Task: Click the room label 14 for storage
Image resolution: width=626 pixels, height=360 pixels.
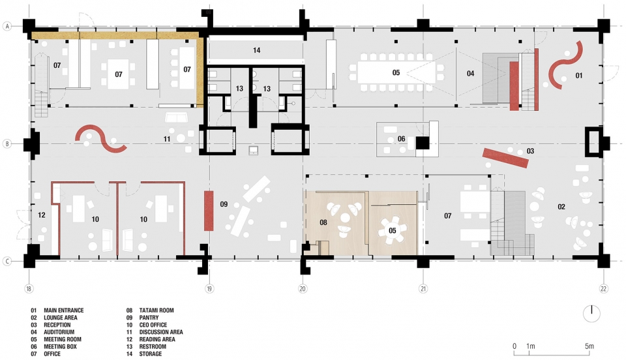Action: pos(256,50)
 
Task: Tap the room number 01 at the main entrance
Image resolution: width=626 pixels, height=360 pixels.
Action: pos(578,76)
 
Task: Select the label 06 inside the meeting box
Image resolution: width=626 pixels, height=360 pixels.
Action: pos(401,139)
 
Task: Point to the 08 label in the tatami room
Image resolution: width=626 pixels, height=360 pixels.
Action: pos(323,222)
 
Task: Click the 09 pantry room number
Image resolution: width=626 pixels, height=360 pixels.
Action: pos(224,204)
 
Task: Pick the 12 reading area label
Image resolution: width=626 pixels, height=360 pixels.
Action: pos(42,215)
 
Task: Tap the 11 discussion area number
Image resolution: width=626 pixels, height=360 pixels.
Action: pos(167,140)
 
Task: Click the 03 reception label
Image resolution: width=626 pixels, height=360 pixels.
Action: pos(530,151)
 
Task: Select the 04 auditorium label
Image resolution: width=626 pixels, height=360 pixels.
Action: pos(470,74)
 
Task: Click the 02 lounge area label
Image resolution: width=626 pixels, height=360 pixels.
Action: pos(561,207)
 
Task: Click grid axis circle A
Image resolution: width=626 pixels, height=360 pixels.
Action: pos(7,26)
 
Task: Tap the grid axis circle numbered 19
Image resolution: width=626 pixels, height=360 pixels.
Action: pos(209,288)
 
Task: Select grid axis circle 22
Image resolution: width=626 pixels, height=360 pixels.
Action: pos(603,288)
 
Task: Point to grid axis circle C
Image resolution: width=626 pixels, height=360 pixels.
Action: pos(7,262)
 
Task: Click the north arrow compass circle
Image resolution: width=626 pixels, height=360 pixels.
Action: pos(591,314)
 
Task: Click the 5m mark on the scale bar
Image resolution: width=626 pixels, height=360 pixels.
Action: pos(589,346)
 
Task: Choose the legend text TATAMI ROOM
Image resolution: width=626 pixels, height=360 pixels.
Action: pos(156,310)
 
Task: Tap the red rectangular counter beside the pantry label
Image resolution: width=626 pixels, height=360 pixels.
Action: pos(209,211)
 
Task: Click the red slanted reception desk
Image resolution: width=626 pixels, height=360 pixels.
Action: pos(505,158)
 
